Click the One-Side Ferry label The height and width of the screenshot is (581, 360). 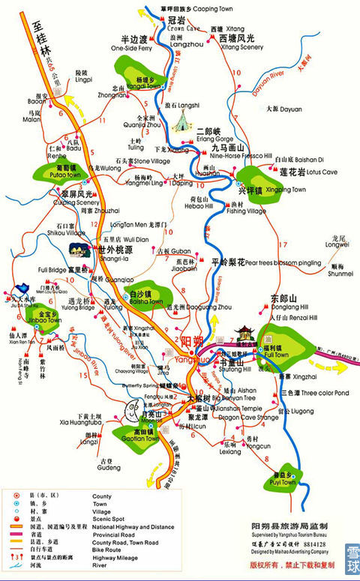pyautogui.click(x=133, y=48)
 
